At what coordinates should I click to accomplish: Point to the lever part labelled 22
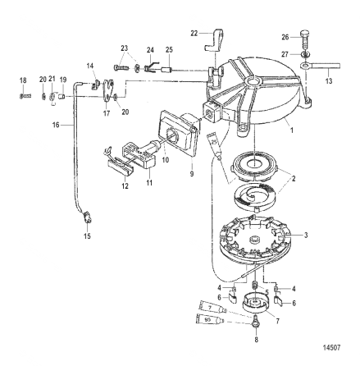[x=212, y=39]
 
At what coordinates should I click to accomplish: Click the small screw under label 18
[x=23, y=94]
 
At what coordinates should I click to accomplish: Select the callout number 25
[x=169, y=50]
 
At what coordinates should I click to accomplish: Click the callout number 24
[x=150, y=49]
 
